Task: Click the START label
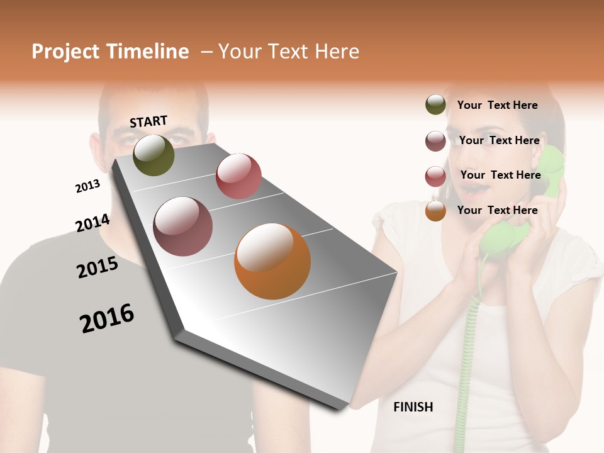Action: [x=148, y=121]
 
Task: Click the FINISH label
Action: [x=413, y=407]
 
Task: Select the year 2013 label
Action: [x=87, y=186]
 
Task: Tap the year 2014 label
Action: [x=92, y=223]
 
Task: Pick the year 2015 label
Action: [x=98, y=267]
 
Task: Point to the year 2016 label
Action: [x=107, y=318]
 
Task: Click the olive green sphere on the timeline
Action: [x=154, y=155]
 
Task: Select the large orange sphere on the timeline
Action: [x=272, y=261]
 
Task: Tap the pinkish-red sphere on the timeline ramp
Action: [x=238, y=176]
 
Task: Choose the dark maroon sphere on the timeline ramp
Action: [x=183, y=226]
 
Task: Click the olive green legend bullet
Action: [x=435, y=105]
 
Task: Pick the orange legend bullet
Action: [x=435, y=211]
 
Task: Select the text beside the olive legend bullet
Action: [x=497, y=105]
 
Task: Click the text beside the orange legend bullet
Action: [x=497, y=210]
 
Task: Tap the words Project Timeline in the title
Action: [x=110, y=52]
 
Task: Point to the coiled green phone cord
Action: [x=468, y=352]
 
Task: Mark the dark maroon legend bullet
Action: [x=435, y=141]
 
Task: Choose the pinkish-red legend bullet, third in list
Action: [x=435, y=176]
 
